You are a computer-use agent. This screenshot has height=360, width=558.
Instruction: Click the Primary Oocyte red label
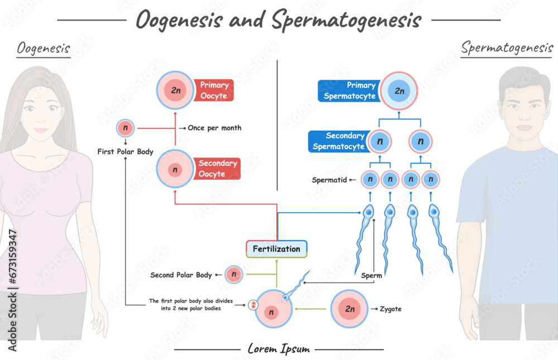click(214, 90)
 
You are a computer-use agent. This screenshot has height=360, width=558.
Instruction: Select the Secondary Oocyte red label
click(219, 169)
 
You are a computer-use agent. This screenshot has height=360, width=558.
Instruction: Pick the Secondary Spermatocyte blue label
click(338, 142)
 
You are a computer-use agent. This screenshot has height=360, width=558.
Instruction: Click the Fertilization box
click(276, 249)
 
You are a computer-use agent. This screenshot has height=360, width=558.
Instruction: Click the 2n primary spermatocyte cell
click(399, 90)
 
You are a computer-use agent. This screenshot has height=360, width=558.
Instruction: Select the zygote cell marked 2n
click(350, 309)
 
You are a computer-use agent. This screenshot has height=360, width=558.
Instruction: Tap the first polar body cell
click(125, 128)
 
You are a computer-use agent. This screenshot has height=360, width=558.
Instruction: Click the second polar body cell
click(234, 274)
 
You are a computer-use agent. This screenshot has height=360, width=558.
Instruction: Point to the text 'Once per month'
click(214, 128)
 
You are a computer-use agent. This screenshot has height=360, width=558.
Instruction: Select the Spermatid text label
click(326, 180)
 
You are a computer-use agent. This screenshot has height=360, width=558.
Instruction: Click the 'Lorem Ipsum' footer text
click(278, 349)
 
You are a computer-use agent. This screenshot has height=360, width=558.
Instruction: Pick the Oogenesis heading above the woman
click(44, 49)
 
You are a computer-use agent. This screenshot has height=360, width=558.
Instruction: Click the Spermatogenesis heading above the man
click(507, 48)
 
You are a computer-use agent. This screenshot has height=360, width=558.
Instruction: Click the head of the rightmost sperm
click(434, 212)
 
